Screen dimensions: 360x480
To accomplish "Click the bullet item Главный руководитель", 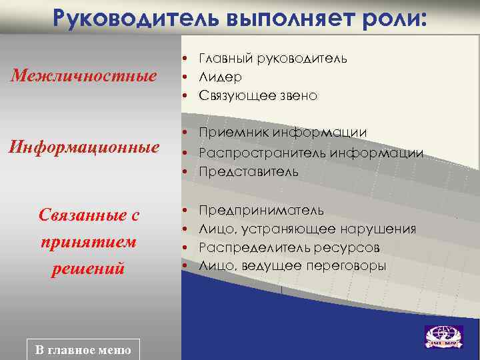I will point(272,58).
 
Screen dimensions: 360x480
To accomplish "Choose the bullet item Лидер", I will point(219,77).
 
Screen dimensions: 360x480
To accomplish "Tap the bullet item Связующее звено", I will point(258,96).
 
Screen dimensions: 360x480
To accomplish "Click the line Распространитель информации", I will point(310,153).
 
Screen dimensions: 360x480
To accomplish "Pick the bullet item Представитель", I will point(248,171).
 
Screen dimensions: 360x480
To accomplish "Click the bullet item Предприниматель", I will point(261,210).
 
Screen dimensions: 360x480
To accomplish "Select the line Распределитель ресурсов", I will point(289,247).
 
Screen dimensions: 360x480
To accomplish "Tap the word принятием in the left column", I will point(89,242).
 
